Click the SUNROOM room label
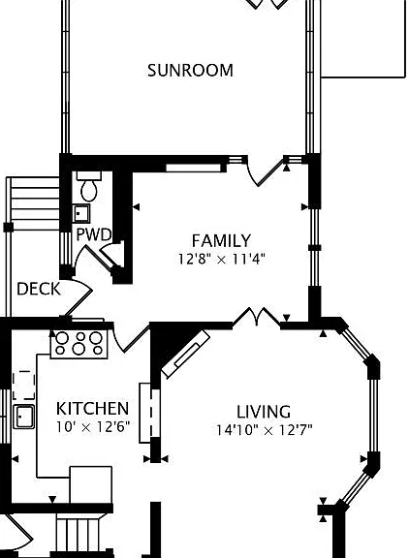tap(190, 70)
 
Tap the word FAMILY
tap(221, 240)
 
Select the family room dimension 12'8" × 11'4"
tap(221, 259)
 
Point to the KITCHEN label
tap(92, 408)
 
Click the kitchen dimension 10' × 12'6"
tap(93, 426)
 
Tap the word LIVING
tap(264, 412)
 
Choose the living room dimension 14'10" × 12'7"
tap(265, 430)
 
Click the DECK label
tap(39, 289)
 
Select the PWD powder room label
tap(94, 234)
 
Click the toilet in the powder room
tap(89, 186)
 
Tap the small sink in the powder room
tap(81, 213)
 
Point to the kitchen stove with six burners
tap(79, 344)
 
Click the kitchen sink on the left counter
tap(24, 417)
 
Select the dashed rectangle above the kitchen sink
tap(24, 385)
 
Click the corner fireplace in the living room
tap(185, 354)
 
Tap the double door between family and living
tap(257, 317)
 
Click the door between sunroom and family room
tap(266, 171)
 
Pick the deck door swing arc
tap(77, 299)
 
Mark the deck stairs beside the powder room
tap(35, 203)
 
